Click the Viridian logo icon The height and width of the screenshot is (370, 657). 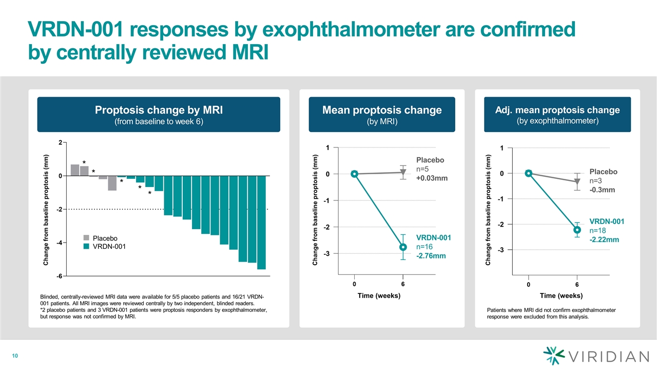pyautogui.click(x=553, y=356)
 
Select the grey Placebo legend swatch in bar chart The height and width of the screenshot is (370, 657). pyautogui.click(x=87, y=238)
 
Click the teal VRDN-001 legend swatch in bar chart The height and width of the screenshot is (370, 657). pyautogui.click(x=87, y=247)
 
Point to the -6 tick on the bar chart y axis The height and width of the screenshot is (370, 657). pyautogui.click(x=59, y=276)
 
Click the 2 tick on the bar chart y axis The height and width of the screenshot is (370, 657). pyautogui.click(x=61, y=142)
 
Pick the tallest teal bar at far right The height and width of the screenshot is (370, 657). pyautogui.click(x=261, y=222)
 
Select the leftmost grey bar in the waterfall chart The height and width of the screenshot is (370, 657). pyautogui.click(x=75, y=170)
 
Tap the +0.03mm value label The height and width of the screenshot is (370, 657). pyautogui.click(x=431, y=178)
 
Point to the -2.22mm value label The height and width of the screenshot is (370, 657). pyautogui.click(x=604, y=239)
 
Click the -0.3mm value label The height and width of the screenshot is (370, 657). pyautogui.click(x=602, y=190)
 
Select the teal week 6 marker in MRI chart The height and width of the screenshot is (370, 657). pyautogui.click(x=403, y=247)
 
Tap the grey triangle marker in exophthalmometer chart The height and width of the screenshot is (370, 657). pyautogui.click(x=577, y=181)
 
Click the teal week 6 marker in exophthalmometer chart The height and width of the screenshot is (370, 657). pyautogui.click(x=577, y=230)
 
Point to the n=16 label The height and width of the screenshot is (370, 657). pyautogui.click(x=426, y=247)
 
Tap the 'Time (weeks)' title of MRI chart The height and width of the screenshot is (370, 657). pyautogui.click(x=379, y=295)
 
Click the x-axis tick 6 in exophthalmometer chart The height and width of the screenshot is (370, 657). pyautogui.click(x=577, y=284)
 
